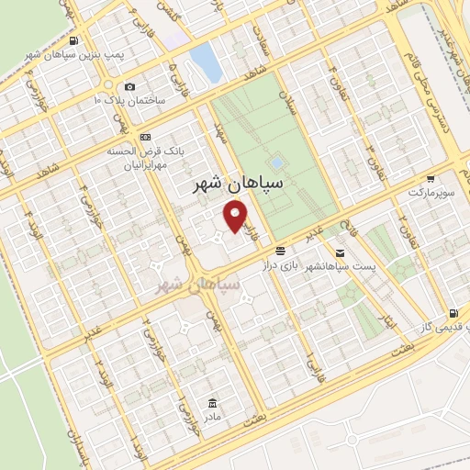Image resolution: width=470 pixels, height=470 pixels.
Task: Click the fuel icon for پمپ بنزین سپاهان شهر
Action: click(x=73, y=40)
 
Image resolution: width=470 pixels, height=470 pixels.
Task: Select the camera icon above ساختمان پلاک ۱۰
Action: click(x=129, y=86)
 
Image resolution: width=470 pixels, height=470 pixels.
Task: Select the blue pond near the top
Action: click(x=205, y=61)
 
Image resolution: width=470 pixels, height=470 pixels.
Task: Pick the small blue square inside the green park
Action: click(x=277, y=162)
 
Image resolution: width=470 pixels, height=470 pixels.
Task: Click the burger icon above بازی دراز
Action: click(x=280, y=250)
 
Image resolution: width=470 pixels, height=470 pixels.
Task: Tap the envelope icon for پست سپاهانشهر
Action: click(x=341, y=252)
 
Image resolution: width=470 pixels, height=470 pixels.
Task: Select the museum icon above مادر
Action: click(x=213, y=403)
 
